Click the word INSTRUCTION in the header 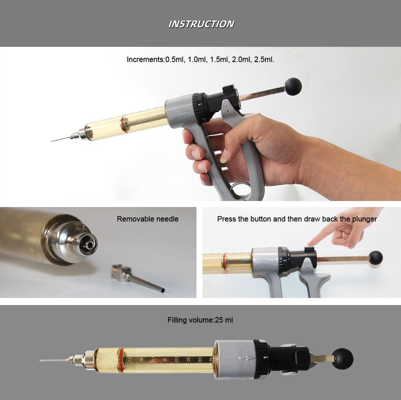(x=201, y=24)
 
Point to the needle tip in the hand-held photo (x=52, y=141)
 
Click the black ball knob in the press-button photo (x=376, y=258)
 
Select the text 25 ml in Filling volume (x=224, y=320)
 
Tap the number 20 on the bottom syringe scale (x=188, y=360)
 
